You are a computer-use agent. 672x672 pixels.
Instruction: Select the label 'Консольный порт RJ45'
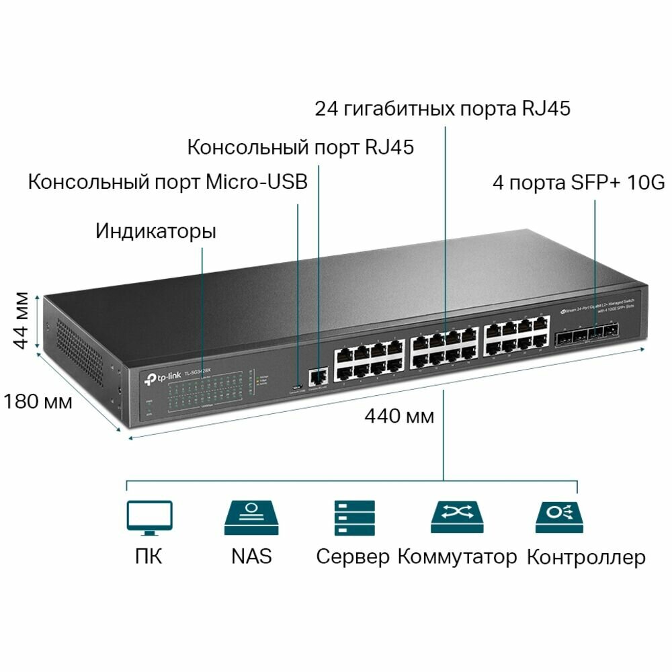[300, 146]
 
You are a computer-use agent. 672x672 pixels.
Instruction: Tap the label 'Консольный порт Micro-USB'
[167, 181]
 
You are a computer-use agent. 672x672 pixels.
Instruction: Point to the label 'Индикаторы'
[155, 232]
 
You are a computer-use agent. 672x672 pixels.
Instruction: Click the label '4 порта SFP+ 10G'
[579, 182]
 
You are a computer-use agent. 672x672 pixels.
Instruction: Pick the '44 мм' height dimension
[22, 320]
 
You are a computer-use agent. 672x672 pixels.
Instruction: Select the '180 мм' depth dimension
[37, 402]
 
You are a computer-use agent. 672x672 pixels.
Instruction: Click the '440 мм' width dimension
[399, 416]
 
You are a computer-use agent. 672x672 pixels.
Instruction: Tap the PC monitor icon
[149, 518]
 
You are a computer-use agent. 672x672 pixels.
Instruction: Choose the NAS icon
[251, 517]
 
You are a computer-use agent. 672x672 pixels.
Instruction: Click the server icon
[354, 517]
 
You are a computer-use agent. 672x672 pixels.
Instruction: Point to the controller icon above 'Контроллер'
[558, 517]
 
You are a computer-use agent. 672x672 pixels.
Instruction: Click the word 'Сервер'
[353, 557]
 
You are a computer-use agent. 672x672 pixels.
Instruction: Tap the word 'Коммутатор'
[458, 556]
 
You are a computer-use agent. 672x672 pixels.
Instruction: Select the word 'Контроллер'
[586, 557]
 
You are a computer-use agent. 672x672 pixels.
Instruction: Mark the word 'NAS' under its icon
[251, 556]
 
